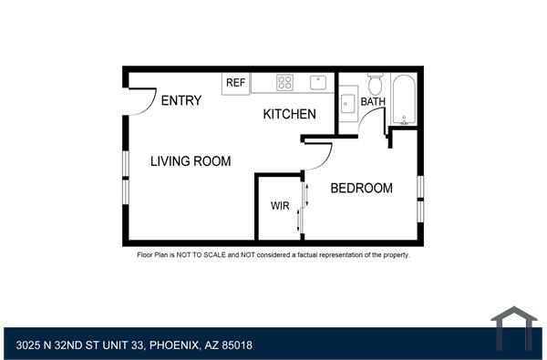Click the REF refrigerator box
(236, 83)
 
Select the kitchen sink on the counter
(318, 82)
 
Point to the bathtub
(404, 99)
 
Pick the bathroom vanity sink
(347, 102)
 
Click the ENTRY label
(181, 101)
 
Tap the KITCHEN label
(290, 115)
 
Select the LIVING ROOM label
(191, 161)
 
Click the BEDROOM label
(361, 189)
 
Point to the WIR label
(280, 206)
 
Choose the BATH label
(374, 102)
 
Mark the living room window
(125, 176)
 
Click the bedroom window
(420, 197)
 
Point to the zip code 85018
(236, 345)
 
